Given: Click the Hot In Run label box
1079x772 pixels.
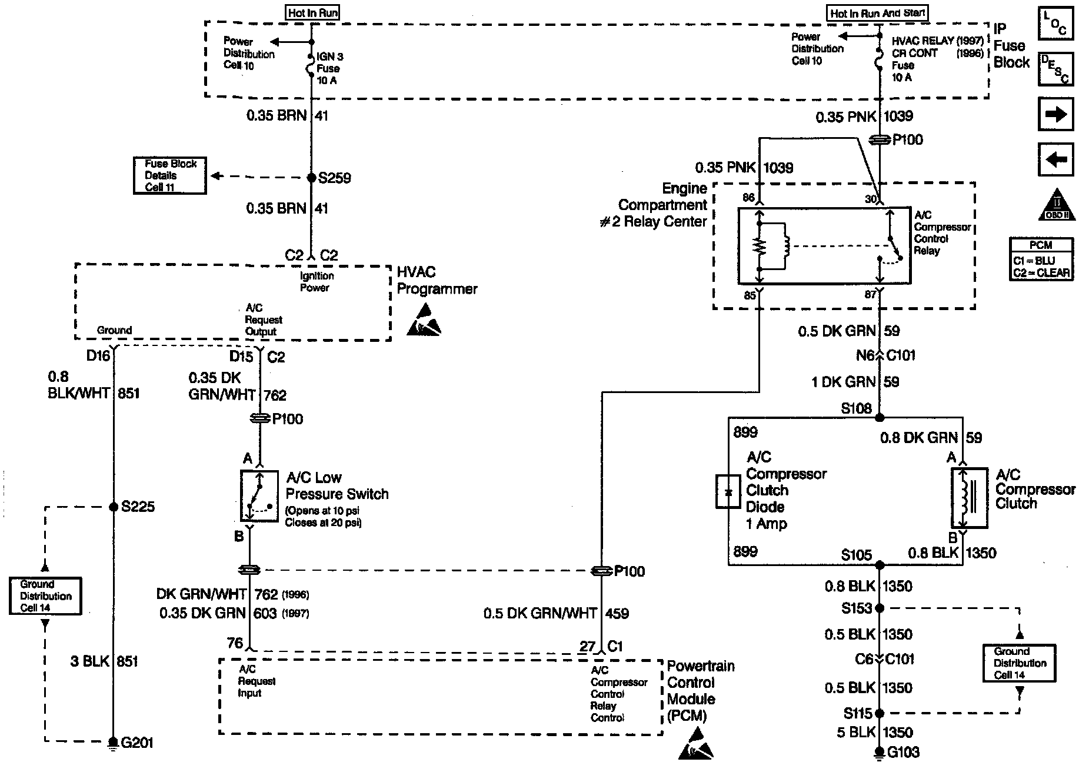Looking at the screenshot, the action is pos(313,12).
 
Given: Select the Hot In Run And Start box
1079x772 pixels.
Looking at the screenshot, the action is pos(877,13).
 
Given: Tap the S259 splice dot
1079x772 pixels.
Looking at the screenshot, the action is pos(312,178).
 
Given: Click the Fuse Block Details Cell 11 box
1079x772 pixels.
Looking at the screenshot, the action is pos(170,175).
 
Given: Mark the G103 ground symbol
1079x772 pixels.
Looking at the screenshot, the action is pos(880,753).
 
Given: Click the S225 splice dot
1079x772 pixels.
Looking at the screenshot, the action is pos(114,507).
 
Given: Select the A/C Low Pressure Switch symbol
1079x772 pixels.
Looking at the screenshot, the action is pos(259,496).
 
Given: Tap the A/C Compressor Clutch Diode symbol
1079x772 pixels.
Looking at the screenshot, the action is pos(728,491).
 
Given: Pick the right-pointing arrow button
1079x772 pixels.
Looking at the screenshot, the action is pos(1056,114).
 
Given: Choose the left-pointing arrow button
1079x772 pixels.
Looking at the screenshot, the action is pos(1056,159).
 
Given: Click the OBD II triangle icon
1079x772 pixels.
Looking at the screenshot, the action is pos(1056,204).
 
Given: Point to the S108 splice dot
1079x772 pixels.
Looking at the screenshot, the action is pos(880,418).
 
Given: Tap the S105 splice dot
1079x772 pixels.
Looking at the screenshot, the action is pos(880,565).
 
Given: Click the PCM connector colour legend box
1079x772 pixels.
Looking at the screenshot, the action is pos(1040,259).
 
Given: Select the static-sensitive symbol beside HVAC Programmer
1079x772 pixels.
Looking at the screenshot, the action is pos(424,321).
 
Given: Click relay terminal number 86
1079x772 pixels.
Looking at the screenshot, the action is pos(748,198).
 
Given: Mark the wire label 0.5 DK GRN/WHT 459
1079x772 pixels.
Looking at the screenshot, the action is pos(556,614).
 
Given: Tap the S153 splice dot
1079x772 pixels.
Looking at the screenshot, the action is pos(880,608).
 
